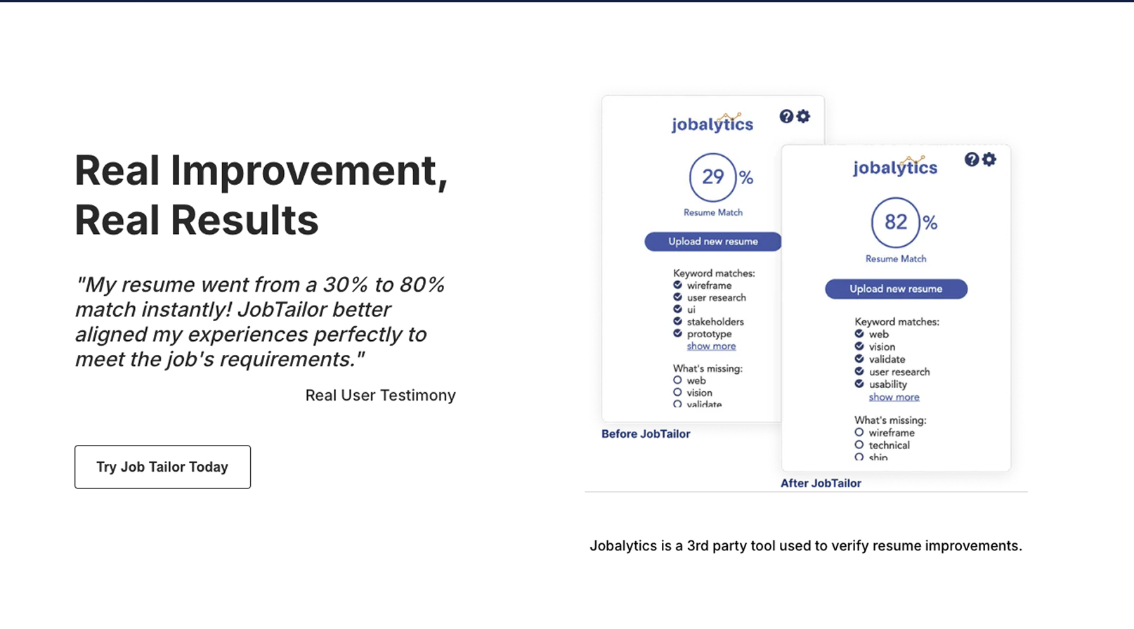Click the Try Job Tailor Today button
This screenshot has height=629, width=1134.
tap(162, 467)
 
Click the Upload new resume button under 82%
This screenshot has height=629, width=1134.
tap(896, 289)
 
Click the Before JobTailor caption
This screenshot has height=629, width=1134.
tap(646, 434)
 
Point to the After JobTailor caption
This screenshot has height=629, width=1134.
tap(821, 483)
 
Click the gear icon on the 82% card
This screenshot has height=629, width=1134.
tap(989, 160)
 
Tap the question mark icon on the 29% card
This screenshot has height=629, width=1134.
tap(786, 117)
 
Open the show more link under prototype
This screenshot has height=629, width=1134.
tap(711, 346)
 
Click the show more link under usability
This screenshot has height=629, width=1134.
tap(894, 397)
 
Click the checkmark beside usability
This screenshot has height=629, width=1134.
tap(859, 384)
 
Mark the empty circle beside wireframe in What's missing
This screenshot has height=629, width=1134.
tap(859, 432)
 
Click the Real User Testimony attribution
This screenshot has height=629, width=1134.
tap(380, 395)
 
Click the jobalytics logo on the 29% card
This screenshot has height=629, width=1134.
tap(712, 123)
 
